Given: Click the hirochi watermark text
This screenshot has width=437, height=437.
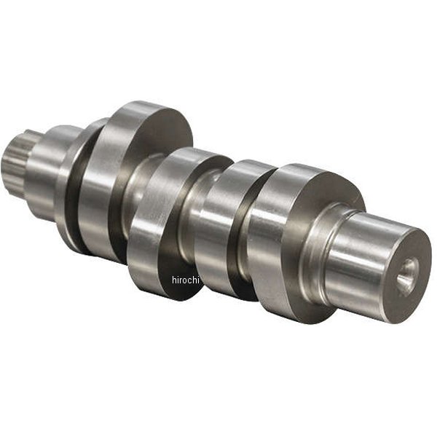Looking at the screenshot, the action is coord(186,280).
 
